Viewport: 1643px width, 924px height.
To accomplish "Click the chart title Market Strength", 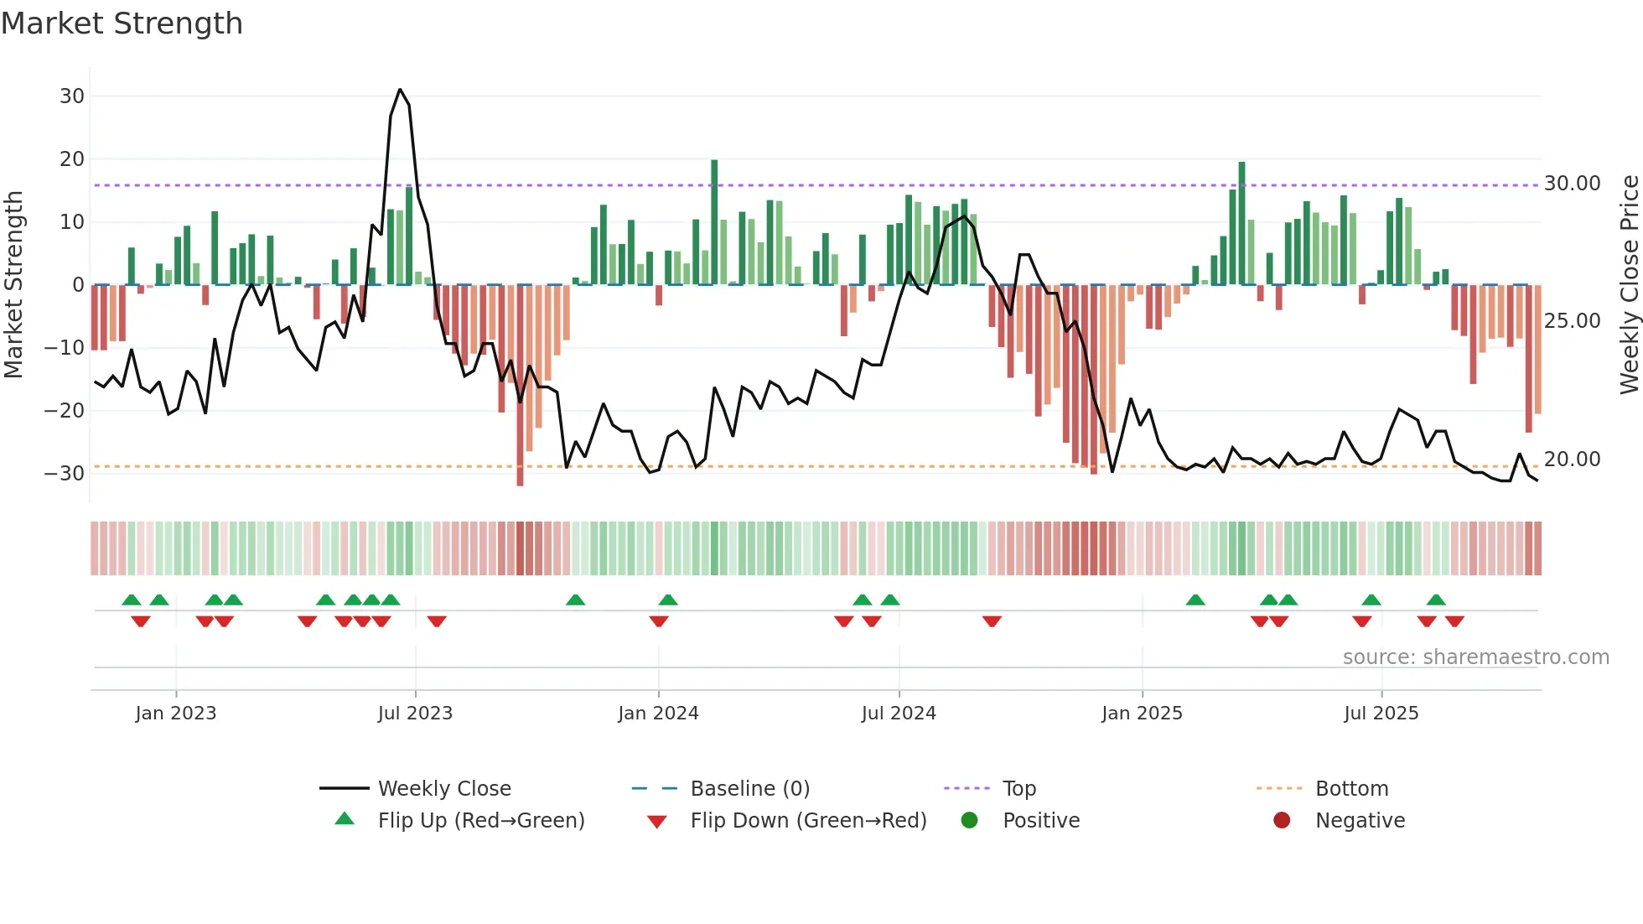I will pyautogui.click(x=122, y=23).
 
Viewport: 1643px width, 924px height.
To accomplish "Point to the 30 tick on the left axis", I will pyautogui.click(x=72, y=96).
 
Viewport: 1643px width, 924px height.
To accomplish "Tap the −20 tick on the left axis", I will pyautogui.click(x=65, y=411).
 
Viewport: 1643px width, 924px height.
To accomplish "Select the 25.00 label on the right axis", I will pyautogui.click(x=1572, y=321).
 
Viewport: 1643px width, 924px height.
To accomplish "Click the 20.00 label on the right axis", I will pyautogui.click(x=1572, y=459).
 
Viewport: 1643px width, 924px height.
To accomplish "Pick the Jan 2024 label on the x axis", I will pyautogui.click(x=658, y=714).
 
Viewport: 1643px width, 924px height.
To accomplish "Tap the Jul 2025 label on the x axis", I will pyautogui.click(x=1381, y=714).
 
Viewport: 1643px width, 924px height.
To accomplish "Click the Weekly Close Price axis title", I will pyautogui.click(x=1629, y=285).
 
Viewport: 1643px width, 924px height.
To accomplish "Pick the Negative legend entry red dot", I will pyautogui.click(x=1282, y=821).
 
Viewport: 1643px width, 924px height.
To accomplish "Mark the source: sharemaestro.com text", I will pyautogui.click(x=1475, y=657).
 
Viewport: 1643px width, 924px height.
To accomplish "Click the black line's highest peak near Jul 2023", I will pyautogui.click(x=400, y=90).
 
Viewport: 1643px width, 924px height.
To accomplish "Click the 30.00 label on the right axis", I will pyautogui.click(x=1572, y=184).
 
